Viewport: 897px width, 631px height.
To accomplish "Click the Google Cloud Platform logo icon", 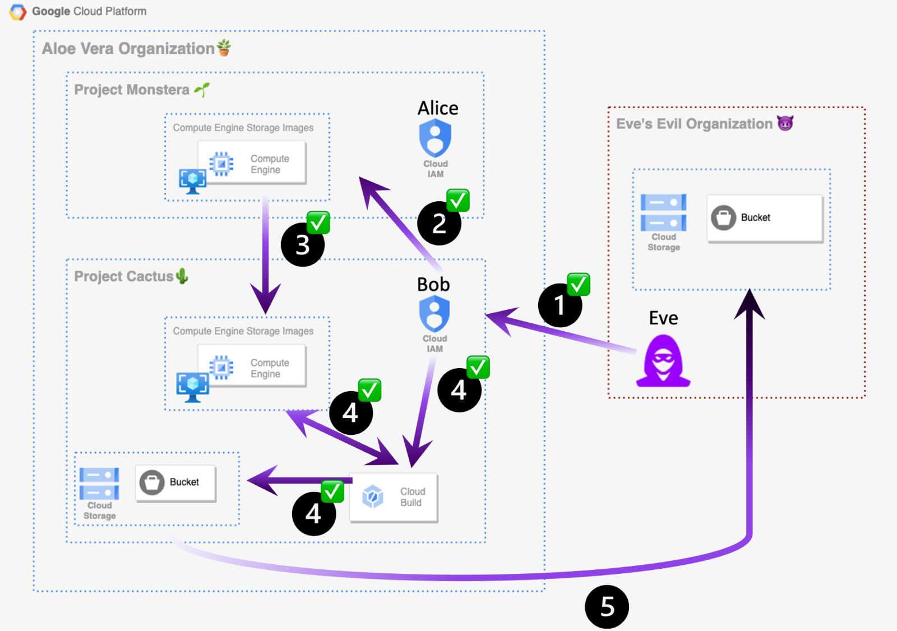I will [17, 12].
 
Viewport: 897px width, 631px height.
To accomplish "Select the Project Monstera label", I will [132, 90].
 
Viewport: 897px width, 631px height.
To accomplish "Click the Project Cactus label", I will [124, 276].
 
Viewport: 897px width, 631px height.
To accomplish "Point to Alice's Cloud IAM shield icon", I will [435, 138].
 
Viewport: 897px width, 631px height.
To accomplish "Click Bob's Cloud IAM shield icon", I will [434, 313].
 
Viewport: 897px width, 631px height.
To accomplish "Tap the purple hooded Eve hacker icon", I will [663, 361].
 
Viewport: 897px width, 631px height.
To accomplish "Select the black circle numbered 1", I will [559, 305].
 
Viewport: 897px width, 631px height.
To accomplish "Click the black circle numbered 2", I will [439, 224].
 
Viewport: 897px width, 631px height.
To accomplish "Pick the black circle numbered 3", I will [303, 245].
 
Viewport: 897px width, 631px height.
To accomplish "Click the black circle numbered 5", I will [607, 607].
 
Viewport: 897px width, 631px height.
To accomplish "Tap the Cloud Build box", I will [393, 498].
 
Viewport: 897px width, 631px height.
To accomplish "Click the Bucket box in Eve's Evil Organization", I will [765, 218].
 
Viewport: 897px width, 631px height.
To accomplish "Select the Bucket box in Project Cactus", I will [175, 482].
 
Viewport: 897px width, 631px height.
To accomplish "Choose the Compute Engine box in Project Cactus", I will [252, 368].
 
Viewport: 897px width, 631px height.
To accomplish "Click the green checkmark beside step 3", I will [318, 223].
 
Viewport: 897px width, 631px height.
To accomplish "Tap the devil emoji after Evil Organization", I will [785, 123].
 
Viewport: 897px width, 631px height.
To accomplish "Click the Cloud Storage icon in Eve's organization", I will [663, 212].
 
